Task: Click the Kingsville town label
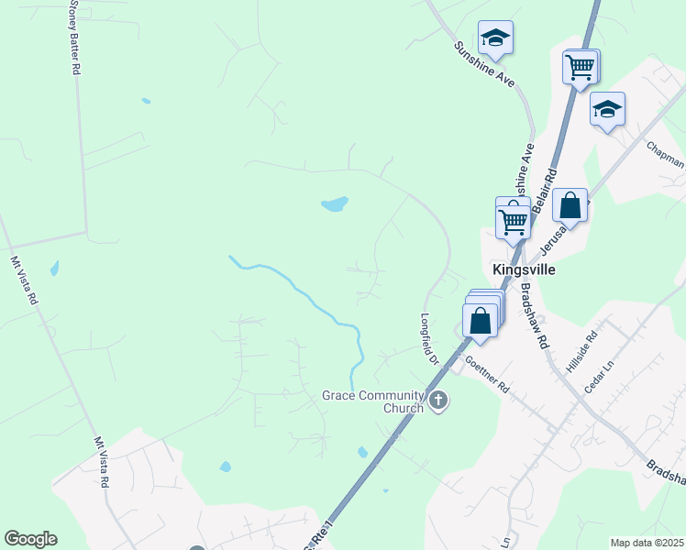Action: click(524, 269)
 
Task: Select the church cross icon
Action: click(438, 401)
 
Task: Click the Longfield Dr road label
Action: click(429, 339)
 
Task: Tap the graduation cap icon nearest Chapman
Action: click(607, 110)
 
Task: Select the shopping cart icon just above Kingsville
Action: click(513, 220)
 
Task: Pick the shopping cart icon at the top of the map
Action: click(580, 66)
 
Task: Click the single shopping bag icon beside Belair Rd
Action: click(570, 205)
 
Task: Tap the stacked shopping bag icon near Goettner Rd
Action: click(480, 320)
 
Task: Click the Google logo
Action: click(30, 539)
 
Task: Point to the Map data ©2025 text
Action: click(647, 543)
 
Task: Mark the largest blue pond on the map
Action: click(335, 203)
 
